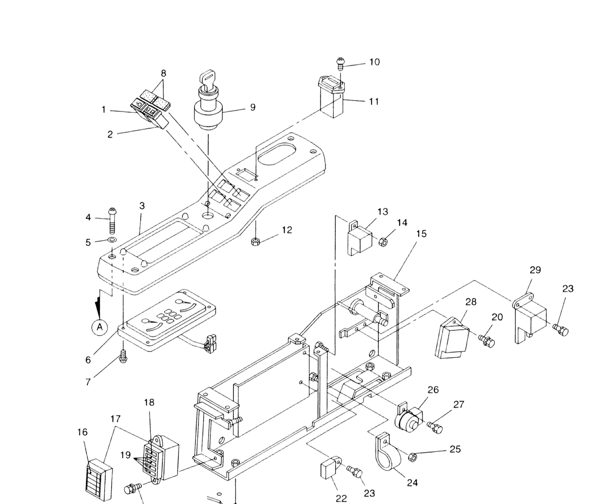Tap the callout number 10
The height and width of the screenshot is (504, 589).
click(375, 62)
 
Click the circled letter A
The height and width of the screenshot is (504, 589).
click(99, 327)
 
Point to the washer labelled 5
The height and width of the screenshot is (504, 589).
click(112, 239)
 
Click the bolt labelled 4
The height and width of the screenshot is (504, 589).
click(113, 221)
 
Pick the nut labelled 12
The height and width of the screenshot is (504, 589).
click(255, 242)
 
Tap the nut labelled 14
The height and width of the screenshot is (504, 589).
click(384, 242)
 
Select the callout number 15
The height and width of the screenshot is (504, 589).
click(422, 234)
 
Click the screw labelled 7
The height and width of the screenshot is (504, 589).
click(123, 356)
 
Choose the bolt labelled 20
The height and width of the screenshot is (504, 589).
click(487, 341)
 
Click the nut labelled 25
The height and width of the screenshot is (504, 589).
click(412, 457)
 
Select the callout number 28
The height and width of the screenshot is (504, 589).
click(471, 302)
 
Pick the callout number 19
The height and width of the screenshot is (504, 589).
click(125, 454)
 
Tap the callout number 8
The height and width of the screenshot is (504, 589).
click(164, 73)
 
